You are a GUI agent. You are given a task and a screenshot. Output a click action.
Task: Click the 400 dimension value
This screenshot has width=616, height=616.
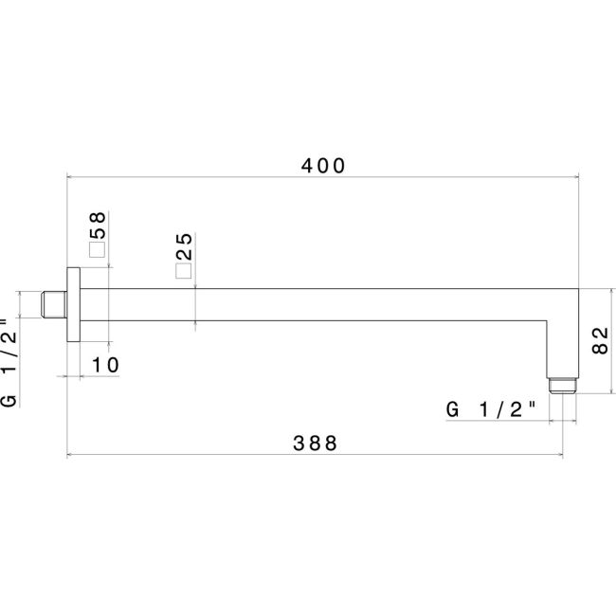pos(322,164)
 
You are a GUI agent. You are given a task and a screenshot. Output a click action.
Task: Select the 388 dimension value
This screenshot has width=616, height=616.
pos(315,444)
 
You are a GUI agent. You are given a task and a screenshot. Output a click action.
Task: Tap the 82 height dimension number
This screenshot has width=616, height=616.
pos(599,338)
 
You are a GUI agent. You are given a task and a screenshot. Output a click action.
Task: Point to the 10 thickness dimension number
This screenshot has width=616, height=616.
pos(105,365)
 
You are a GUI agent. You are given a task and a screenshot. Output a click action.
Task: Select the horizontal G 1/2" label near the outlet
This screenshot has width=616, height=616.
pos(491,410)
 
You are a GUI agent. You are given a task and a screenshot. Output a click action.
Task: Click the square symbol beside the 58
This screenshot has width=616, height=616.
pos(96,250)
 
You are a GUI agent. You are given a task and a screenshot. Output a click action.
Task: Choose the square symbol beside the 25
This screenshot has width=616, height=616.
pos(184,271)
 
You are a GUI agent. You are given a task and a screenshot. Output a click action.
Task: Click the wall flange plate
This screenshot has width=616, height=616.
pos(73,305)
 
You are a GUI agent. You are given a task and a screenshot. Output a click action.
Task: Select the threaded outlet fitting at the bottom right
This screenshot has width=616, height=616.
pos(564,385)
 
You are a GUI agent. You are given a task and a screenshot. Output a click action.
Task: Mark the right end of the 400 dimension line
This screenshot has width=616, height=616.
pos(579,176)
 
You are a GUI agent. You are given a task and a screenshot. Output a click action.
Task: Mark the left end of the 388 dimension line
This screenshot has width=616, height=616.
pos(66,455)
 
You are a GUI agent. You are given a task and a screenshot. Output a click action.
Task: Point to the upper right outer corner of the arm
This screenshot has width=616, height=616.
pos(578,289)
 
